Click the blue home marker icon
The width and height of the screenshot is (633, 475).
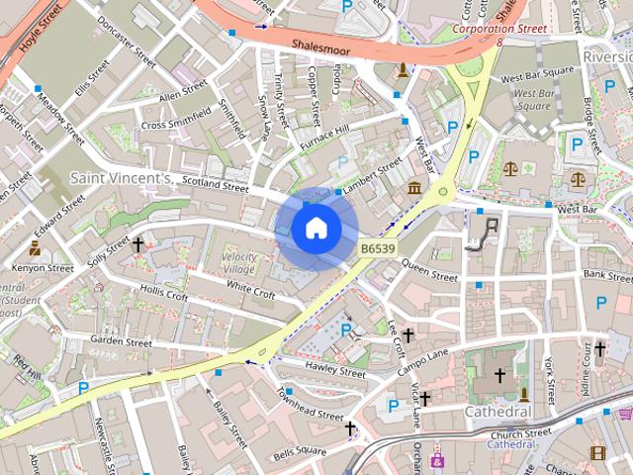pyautogui.click(x=315, y=229)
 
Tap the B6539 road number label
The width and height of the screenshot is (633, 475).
pyautogui.click(x=378, y=248)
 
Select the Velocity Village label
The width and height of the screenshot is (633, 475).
pyautogui.click(x=238, y=264)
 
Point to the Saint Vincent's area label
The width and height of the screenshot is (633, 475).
pyautogui.click(x=121, y=178)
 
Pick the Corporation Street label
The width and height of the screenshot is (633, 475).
pyautogui.click(x=499, y=29)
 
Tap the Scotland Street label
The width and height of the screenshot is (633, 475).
pyautogui.click(x=214, y=185)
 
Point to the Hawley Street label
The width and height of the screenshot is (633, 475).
pyautogui.click(x=335, y=370)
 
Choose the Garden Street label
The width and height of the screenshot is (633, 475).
pyautogui.click(x=121, y=341)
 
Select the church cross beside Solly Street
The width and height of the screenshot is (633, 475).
pyautogui.click(x=137, y=242)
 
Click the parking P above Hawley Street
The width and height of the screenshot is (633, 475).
pyautogui.click(x=346, y=330)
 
